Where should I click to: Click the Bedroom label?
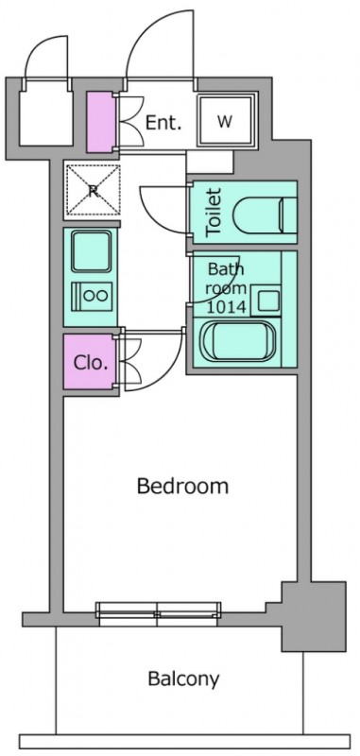pyautogui.click(x=182, y=486)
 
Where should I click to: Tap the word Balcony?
pyautogui.click(x=183, y=679)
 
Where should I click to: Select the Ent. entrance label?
pyautogui.click(x=163, y=123)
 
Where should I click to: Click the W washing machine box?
pyautogui.click(x=226, y=121)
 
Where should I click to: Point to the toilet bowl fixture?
pyautogui.click(x=256, y=212)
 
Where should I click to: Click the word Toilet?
pyautogui.click(x=213, y=213)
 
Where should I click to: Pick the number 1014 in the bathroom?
pyautogui.click(x=226, y=306)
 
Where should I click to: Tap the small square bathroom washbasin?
pyautogui.click(x=267, y=301)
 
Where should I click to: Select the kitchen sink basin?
pyautogui.click(x=92, y=250)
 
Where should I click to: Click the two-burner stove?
pyautogui.click(x=92, y=296)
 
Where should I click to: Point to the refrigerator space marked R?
pyautogui.click(x=93, y=190)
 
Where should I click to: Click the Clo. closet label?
pyautogui.click(x=90, y=363)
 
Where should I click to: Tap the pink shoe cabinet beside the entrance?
pyautogui.click(x=100, y=122)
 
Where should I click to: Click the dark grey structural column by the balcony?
pyautogui.click(x=314, y=616)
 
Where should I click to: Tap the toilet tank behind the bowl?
pyautogui.click(x=288, y=212)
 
